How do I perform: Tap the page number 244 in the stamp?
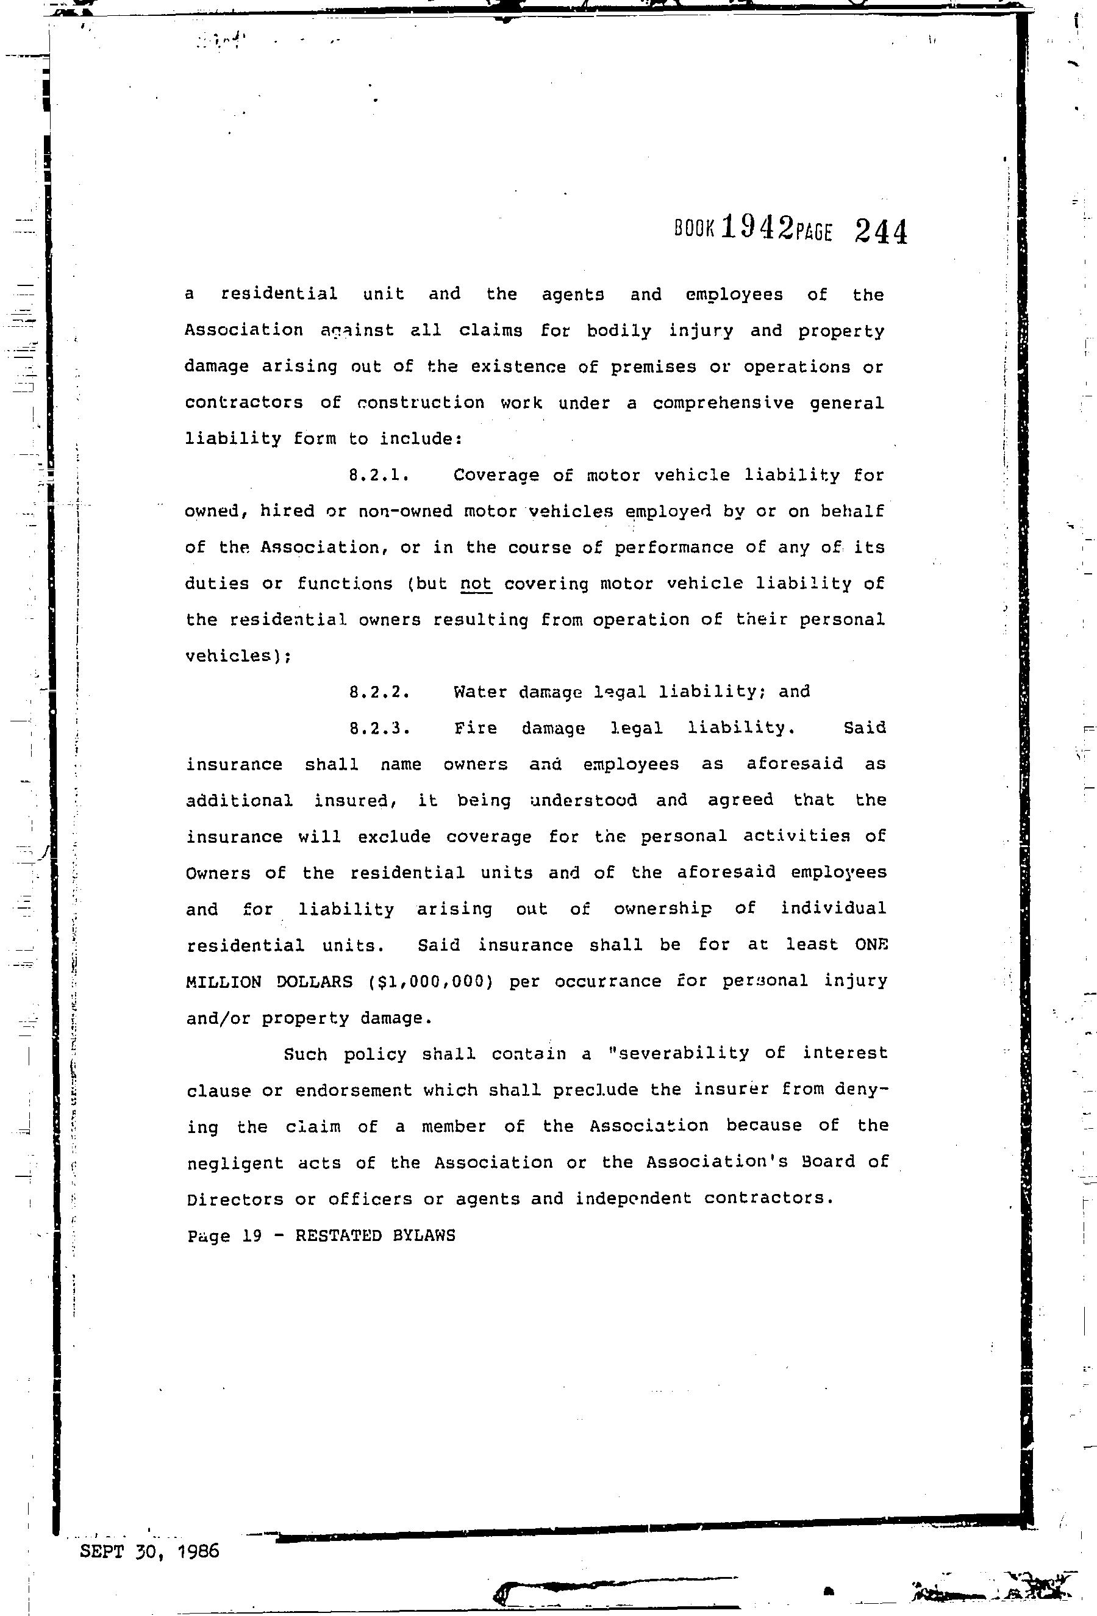point(881,231)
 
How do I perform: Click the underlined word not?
point(476,584)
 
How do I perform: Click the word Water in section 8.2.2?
point(480,693)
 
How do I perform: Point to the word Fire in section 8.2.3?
point(476,729)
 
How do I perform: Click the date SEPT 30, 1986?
point(149,1551)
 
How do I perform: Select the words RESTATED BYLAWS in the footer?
point(376,1235)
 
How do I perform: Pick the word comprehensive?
point(723,403)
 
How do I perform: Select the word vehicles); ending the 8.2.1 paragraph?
point(238,656)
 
